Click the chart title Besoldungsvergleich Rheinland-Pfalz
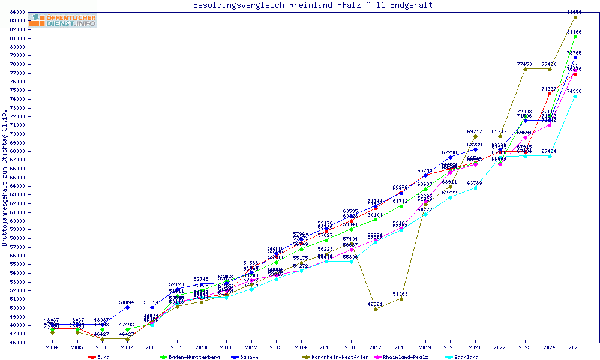313,5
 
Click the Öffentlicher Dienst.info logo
62,20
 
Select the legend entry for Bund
103,357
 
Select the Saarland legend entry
466,357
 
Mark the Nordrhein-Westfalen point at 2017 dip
376,309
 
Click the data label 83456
574,12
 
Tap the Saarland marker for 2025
575,96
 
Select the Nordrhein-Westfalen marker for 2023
525,69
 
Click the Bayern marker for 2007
127,307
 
